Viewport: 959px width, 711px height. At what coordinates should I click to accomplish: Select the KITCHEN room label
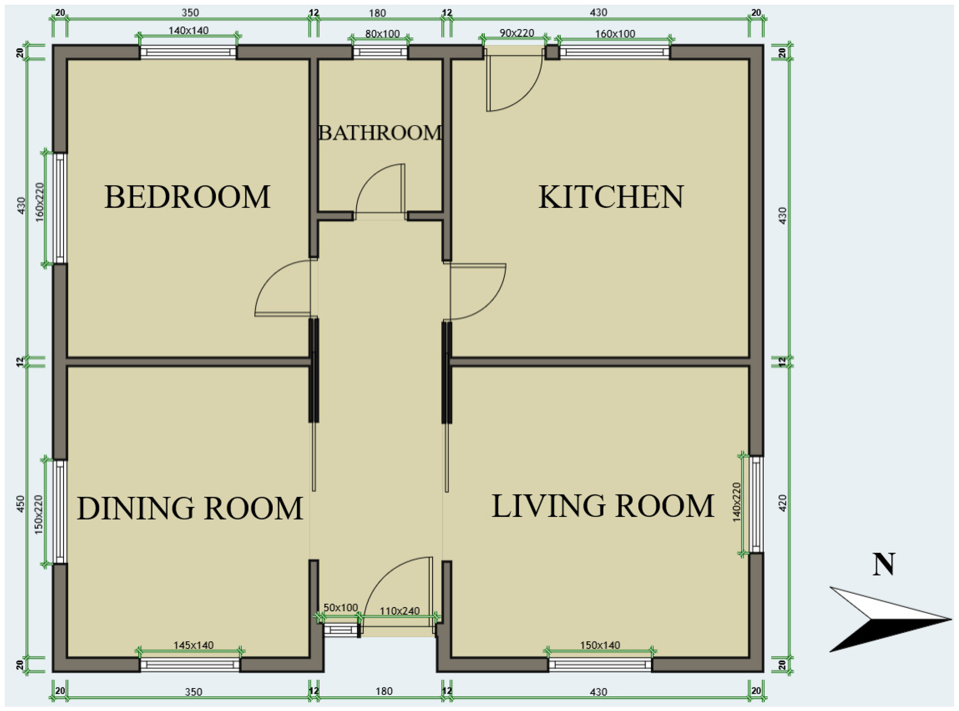pyautogui.click(x=611, y=197)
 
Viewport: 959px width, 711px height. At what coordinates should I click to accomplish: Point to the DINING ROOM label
pyautogui.click(x=190, y=508)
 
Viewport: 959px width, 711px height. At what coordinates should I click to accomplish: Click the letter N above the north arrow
pyautogui.click(x=884, y=565)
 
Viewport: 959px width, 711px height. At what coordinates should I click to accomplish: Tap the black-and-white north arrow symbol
pyautogui.click(x=890, y=619)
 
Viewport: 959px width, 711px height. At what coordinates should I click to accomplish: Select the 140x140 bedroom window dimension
pyautogui.click(x=189, y=31)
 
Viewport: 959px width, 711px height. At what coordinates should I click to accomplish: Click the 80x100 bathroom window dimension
pyautogui.click(x=383, y=33)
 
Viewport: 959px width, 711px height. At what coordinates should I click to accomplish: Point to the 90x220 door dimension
pyautogui.click(x=517, y=33)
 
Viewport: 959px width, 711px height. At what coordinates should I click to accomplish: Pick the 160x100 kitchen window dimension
pyautogui.click(x=615, y=33)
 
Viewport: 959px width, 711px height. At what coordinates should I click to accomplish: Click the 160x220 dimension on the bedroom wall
pyautogui.click(x=40, y=202)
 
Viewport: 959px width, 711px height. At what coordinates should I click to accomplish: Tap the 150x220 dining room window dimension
pyautogui.click(x=39, y=515)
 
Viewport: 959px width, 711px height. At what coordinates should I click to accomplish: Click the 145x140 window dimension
pyautogui.click(x=193, y=645)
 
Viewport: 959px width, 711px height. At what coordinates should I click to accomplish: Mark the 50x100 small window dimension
pyautogui.click(x=341, y=607)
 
